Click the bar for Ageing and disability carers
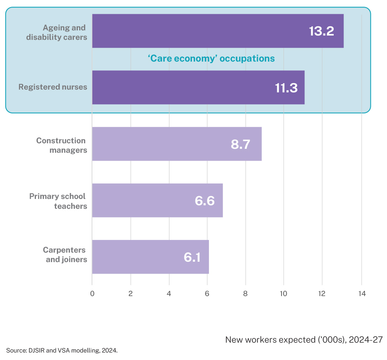pos(197,31)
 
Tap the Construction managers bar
pos(158,144)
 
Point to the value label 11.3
pos(286,88)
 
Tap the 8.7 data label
pos(240,144)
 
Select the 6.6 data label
pos(204,201)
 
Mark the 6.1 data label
pos(192,257)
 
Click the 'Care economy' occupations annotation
pos(211,58)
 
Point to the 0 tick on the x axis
pos(92,293)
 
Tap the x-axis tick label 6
pos(207,293)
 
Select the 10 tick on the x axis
pos(284,293)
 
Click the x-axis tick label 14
pos(361,293)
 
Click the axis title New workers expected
pos(304,339)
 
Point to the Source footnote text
pos(62,350)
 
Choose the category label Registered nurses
pos(53,87)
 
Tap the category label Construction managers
pos(62,145)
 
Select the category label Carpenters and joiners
pos(65,255)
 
